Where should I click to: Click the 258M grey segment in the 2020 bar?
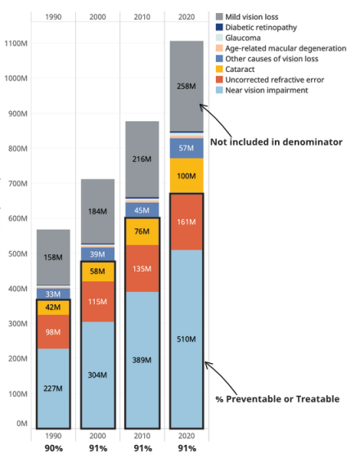(x=187, y=86)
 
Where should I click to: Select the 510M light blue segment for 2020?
(x=187, y=339)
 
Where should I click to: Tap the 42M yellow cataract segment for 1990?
(x=53, y=308)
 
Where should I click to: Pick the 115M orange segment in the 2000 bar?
(x=97, y=302)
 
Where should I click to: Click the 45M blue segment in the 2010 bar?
(x=142, y=210)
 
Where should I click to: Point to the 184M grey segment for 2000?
(x=97, y=211)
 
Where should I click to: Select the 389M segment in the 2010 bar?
(x=142, y=360)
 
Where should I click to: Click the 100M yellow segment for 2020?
(x=187, y=176)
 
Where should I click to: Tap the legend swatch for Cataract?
(x=219, y=70)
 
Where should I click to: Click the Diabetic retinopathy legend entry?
(x=256, y=28)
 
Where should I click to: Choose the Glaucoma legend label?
(x=243, y=38)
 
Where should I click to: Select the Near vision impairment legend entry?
(x=262, y=90)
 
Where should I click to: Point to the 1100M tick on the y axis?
(x=16, y=43)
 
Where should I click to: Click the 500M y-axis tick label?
(x=18, y=254)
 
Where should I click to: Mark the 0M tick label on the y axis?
(x=22, y=424)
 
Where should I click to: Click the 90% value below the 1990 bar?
(x=53, y=448)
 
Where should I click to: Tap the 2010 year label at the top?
(x=142, y=17)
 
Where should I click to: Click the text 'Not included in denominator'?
(x=277, y=142)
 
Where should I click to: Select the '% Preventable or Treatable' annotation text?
(x=277, y=399)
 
